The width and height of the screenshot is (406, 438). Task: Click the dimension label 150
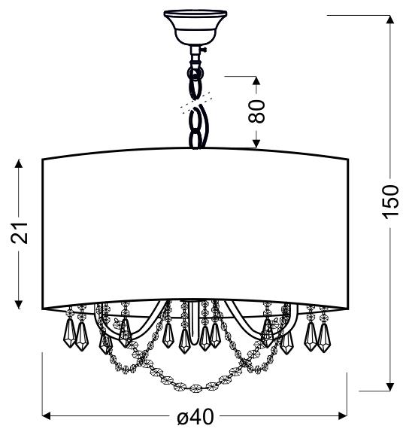(x=391, y=202)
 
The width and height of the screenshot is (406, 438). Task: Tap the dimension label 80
(x=256, y=111)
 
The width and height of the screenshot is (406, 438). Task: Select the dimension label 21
(x=20, y=233)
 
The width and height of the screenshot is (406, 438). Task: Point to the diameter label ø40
(x=196, y=418)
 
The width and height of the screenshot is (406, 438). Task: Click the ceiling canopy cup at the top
(x=195, y=27)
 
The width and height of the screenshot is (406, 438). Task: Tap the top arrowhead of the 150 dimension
(x=389, y=20)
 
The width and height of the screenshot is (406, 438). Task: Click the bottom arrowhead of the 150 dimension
(x=389, y=386)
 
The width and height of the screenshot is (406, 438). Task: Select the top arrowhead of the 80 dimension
(x=256, y=81)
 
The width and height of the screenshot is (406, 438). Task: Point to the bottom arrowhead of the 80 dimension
(x=256, y=144)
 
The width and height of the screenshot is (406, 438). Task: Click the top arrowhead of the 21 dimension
(x=19, y=164)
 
